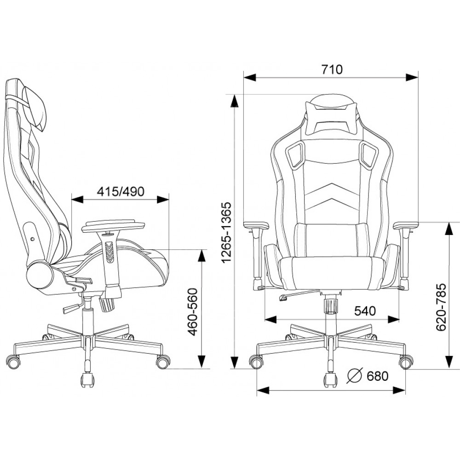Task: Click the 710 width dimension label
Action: coord(332,69)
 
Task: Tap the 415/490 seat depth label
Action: coord(121,191)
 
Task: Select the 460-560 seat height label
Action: coord(193,312)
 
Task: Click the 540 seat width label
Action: coord(365,311)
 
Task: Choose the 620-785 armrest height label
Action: coord(441,307)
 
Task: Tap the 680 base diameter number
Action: coord(378,376)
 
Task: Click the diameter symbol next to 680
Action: coord(355,375)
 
